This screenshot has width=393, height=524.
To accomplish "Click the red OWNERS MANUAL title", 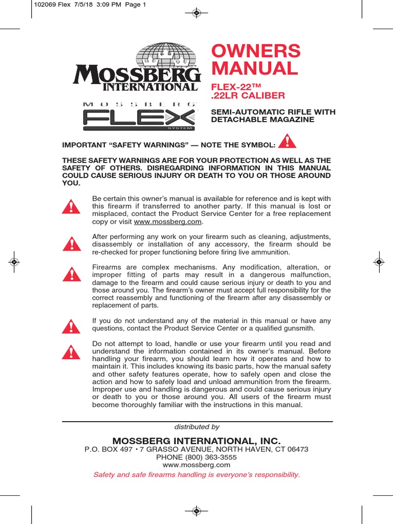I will point(256,59).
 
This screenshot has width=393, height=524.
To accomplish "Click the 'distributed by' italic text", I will point(196,427).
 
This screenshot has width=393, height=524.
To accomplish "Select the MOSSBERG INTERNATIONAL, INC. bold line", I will point(196,441).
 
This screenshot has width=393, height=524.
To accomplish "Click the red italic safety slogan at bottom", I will point(196,474).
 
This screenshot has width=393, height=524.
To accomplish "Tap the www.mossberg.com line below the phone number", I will point(196,465).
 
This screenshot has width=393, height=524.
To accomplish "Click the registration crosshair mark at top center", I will point(196,13).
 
